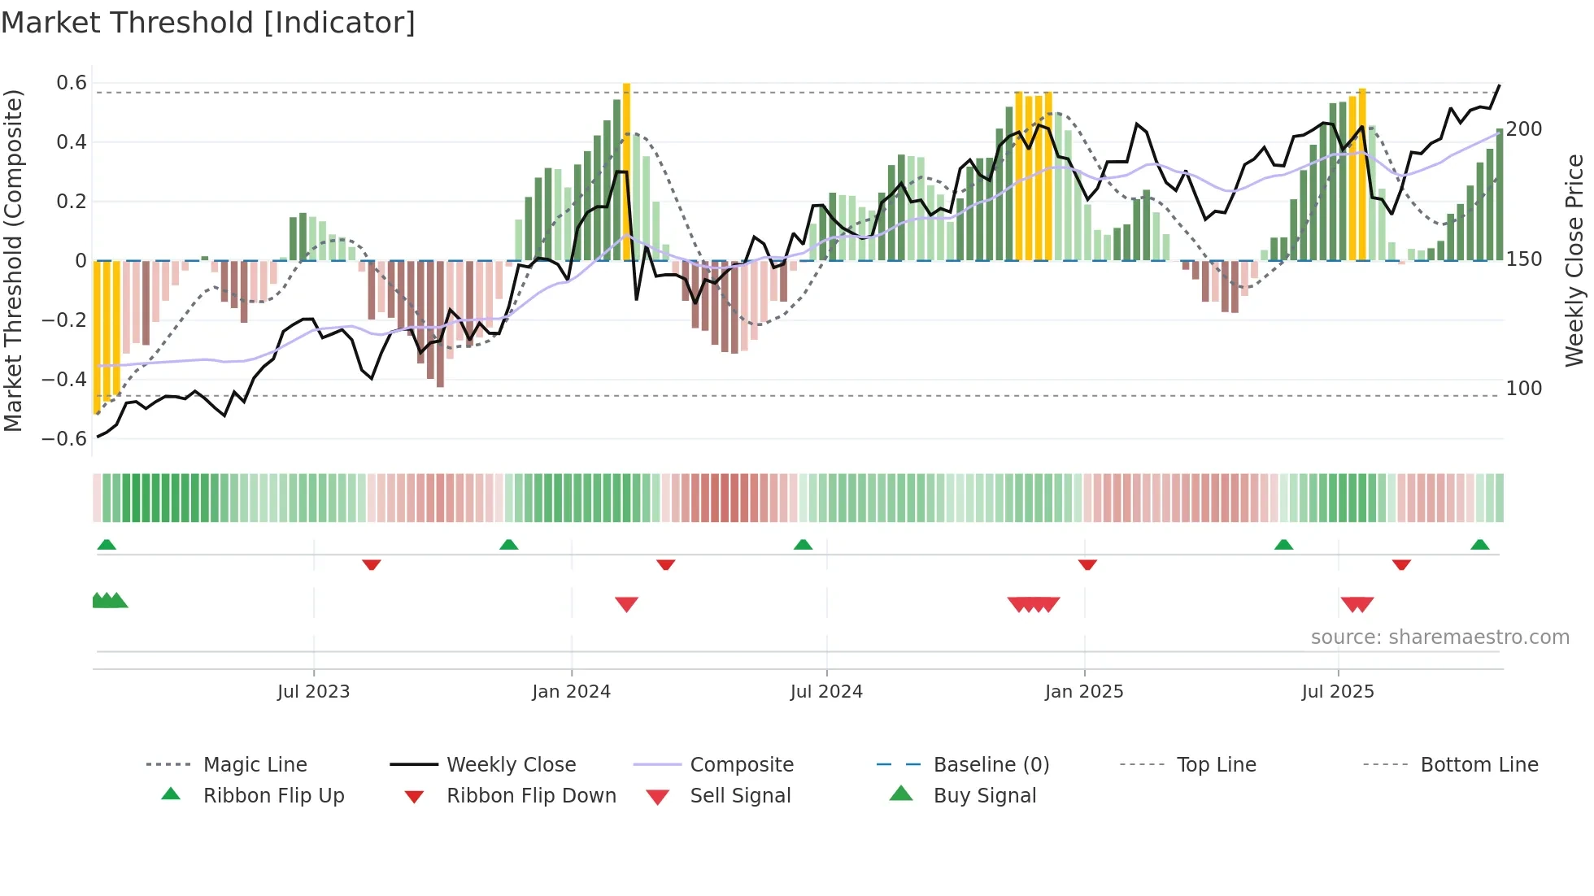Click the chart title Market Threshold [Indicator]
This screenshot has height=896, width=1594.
(208, 23)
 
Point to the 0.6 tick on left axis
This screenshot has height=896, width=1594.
(72, 83)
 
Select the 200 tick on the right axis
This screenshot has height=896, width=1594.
(1523, 129)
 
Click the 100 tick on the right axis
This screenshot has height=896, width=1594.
(1523, 389)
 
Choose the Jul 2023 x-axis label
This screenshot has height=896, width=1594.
(313, 692)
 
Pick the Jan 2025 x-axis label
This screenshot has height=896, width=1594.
(1084, 692)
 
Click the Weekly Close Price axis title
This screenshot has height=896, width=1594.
(1574, 260)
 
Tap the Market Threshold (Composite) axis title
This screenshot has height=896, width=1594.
(13, 260)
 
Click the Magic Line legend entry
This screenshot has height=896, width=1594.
(255, 765)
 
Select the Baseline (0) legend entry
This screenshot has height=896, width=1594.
(991, 765)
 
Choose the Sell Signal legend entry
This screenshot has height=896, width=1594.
(739, 796)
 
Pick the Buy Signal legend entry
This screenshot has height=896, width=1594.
(984, 796)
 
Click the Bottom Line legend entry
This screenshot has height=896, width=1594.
(1479, 765)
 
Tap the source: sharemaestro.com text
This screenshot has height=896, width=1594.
(1439, 637)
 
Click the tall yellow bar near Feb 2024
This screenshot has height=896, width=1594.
(626, 171)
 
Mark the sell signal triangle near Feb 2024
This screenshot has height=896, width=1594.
(626, 604)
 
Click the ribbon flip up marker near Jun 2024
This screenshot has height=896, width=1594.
(803, 545)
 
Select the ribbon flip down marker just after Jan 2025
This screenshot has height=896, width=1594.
(1087, 564)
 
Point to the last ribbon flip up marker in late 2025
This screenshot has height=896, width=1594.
(1479, 545)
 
